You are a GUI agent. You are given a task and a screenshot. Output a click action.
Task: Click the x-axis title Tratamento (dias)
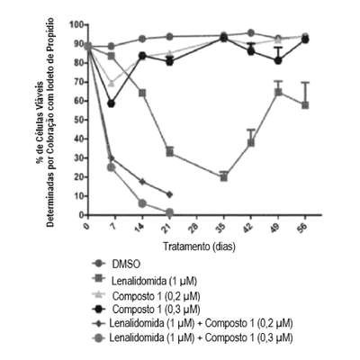[x=199, y=247]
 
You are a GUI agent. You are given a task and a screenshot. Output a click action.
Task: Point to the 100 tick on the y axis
[x=76, y=24]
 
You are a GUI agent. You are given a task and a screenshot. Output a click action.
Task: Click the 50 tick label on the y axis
[x=79, y=120]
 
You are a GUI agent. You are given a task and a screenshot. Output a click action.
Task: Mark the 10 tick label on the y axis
[x=79, y=196]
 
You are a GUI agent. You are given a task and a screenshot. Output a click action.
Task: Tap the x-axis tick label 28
[x=195, y=228]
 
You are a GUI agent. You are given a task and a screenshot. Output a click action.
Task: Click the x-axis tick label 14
[x=139, y=228]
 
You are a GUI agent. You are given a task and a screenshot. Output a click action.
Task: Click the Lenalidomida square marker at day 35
[x=224, y=177]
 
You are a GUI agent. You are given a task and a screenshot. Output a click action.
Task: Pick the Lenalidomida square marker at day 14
[x=142, y=93]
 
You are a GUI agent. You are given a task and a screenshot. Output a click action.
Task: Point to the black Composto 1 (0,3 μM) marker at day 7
[x=112, y=103]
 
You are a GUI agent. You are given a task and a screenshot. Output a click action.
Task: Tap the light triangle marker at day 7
[x=112, y=83]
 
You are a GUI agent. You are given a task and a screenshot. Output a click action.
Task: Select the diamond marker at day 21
[x=169, y=194]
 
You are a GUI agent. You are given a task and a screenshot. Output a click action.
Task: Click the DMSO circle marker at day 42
[x=251, y=32]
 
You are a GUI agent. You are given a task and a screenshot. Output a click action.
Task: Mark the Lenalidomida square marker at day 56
[x=305, y=105]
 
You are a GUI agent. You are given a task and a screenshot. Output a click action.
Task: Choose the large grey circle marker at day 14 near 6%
[x=142, y=203]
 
